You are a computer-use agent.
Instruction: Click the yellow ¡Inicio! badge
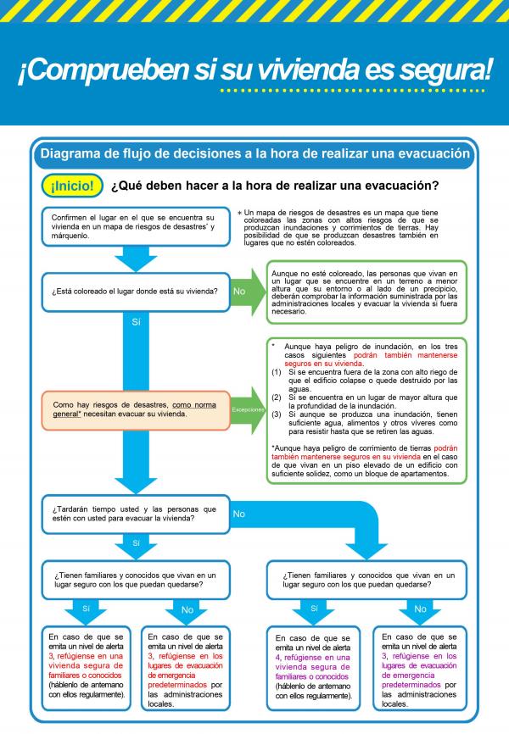click(71, 185)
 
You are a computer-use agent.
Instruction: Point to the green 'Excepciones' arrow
click(248, 409)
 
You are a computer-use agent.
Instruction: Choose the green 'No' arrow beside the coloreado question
click(246, 292)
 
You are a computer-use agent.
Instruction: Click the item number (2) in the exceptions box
click(277, 397)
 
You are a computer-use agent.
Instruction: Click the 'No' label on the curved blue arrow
click(239, 514)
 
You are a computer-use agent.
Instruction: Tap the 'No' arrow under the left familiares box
click(187, 610)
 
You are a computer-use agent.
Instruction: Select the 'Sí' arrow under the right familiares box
click(314, 610)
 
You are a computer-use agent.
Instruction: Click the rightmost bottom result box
click(419, 669)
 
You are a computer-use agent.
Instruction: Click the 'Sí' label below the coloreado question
click(136, 322)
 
